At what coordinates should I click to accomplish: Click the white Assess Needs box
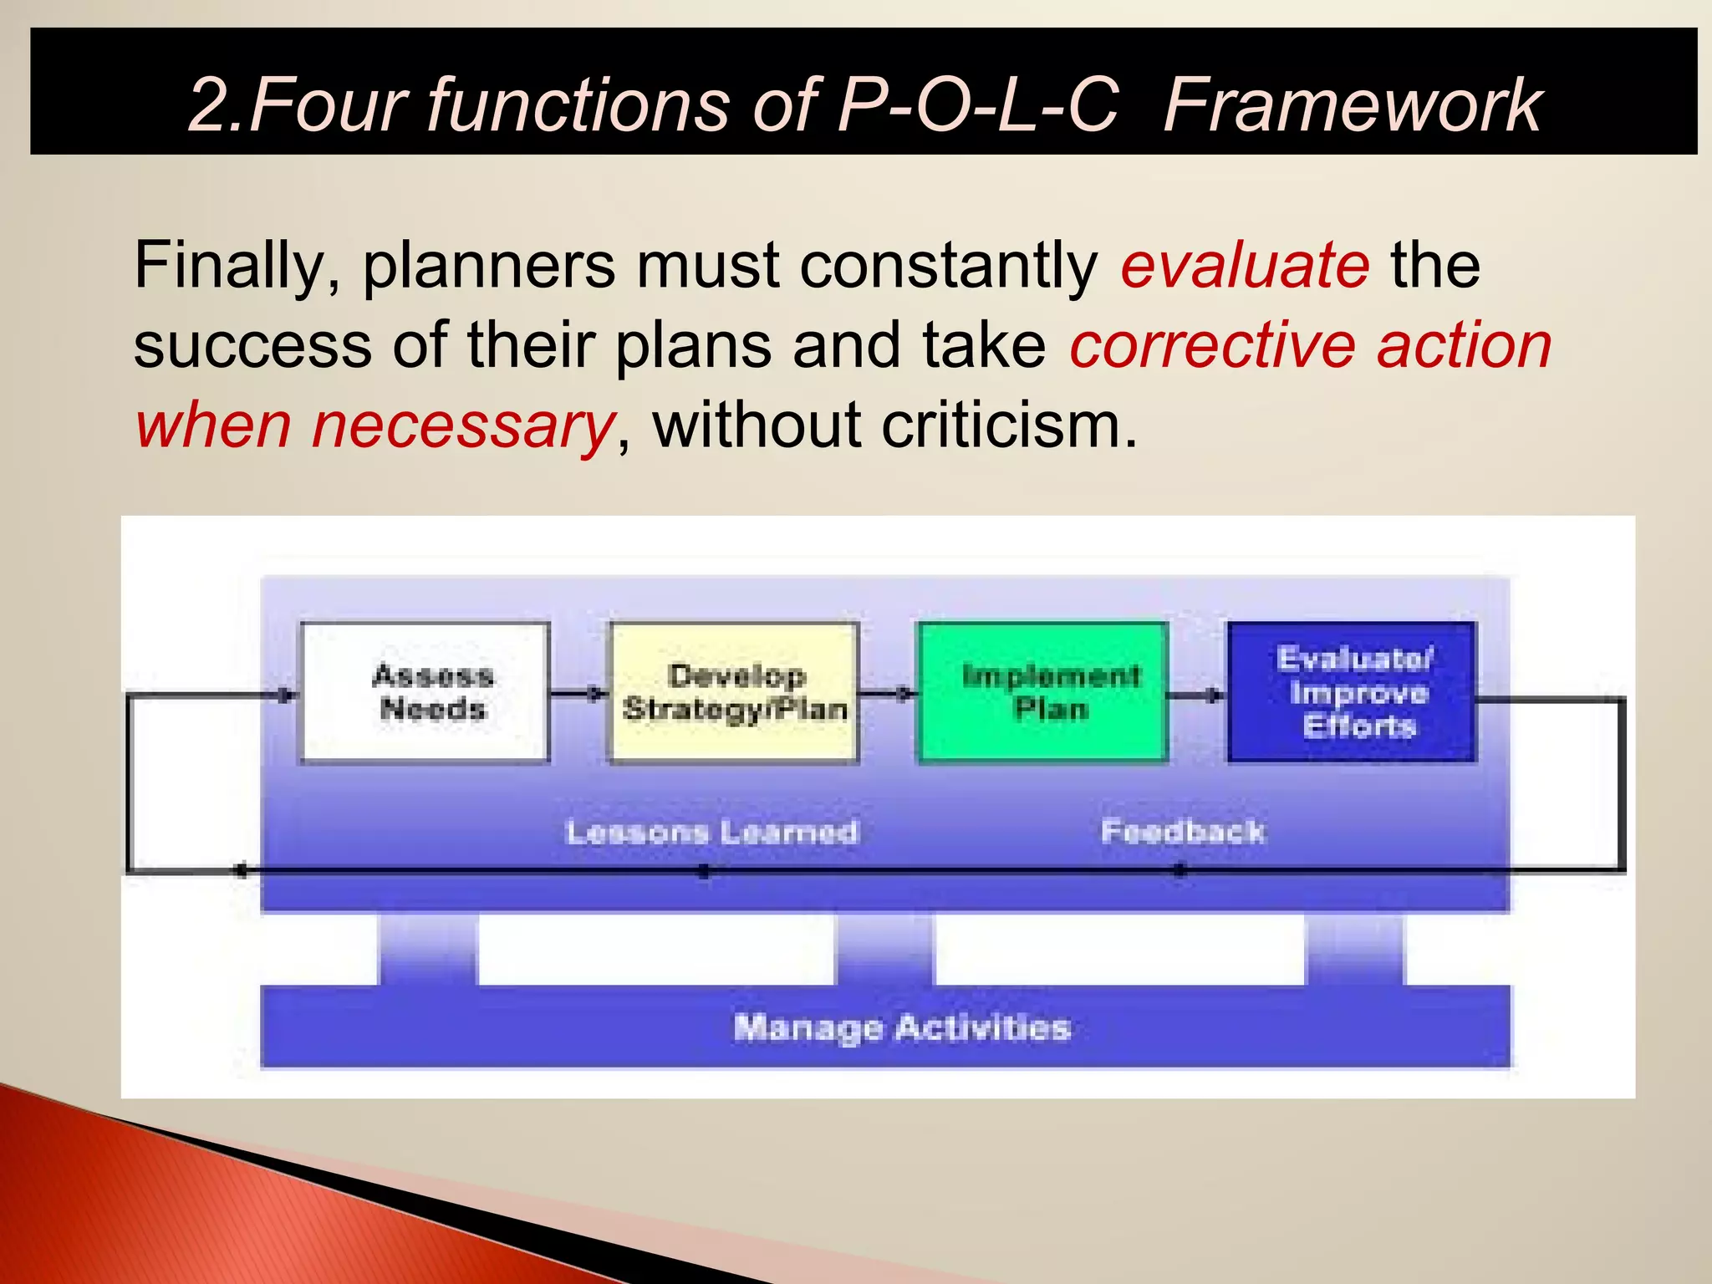(425, 692)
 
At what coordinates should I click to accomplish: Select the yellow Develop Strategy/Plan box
(734, 692)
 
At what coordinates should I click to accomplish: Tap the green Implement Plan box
(1043, 692)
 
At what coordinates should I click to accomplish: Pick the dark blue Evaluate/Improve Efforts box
(1353, 692)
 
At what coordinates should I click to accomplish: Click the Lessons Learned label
(711, 832)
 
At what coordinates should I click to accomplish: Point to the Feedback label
(1183, 832)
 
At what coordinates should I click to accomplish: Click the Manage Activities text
(901, 1027)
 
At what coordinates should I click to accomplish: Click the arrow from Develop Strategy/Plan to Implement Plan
(889, 693)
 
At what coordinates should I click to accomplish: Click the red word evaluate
(1245, 265)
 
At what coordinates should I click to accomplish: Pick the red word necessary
(463, 425)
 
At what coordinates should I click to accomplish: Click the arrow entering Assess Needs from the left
(276, 695)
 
